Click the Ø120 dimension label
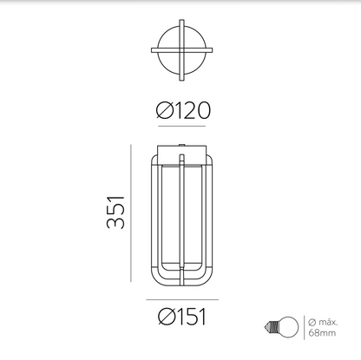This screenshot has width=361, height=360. (183, 110)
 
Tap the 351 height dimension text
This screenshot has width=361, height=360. (115, 213)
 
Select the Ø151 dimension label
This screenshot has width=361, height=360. (182, 317)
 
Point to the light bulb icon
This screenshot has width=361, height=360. (281, 327)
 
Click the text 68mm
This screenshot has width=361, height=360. (322, 333)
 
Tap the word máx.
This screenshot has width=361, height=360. (328, 322)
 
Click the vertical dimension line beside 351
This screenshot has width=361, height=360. (131, 213)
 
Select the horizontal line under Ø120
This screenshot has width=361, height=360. (181, 126)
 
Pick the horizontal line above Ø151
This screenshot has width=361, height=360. (182, 299)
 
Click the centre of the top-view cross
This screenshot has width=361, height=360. (181, 50)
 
